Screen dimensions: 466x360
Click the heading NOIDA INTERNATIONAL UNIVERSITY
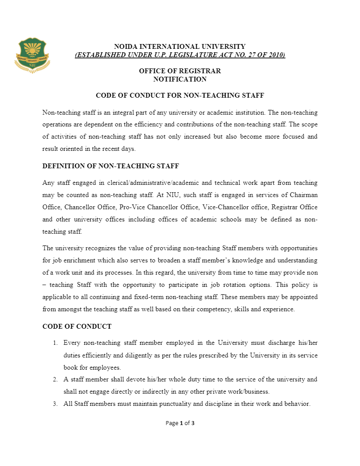point(180,46)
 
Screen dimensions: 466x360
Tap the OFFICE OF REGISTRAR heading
point(180,71)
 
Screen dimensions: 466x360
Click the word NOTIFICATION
point(180,79)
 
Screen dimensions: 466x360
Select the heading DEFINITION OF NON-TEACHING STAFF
point(110,166)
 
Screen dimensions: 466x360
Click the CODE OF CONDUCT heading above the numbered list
point(77,327)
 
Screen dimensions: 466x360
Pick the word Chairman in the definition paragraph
point(304,194)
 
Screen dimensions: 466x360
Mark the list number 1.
point(55,343)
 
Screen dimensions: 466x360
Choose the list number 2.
point(55,379)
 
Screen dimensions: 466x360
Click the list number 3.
point(55,404)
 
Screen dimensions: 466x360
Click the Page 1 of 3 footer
point(180,423)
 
